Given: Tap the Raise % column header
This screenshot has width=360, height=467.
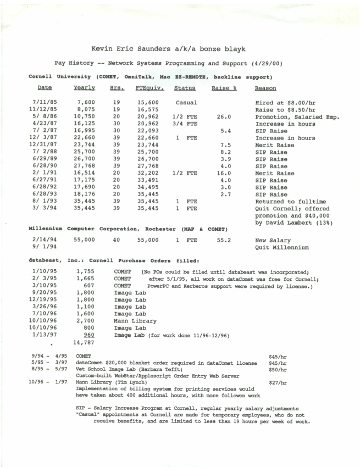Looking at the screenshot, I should point(223,88).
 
